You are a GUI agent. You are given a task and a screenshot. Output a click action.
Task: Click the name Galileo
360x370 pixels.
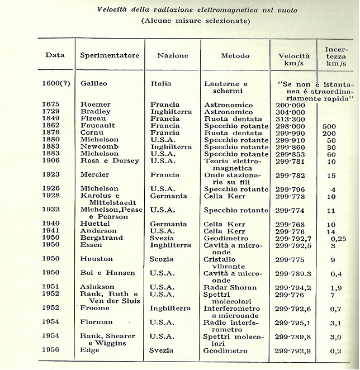coord(93,84)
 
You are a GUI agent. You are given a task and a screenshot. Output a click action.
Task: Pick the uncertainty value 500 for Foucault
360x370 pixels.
coord(329,126)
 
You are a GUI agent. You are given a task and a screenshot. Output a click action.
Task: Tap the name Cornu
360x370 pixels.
coord(91,133)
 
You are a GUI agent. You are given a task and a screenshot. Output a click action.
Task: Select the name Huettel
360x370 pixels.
coord(94,224)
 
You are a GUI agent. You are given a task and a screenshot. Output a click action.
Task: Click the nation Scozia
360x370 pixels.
coord(162,259)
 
